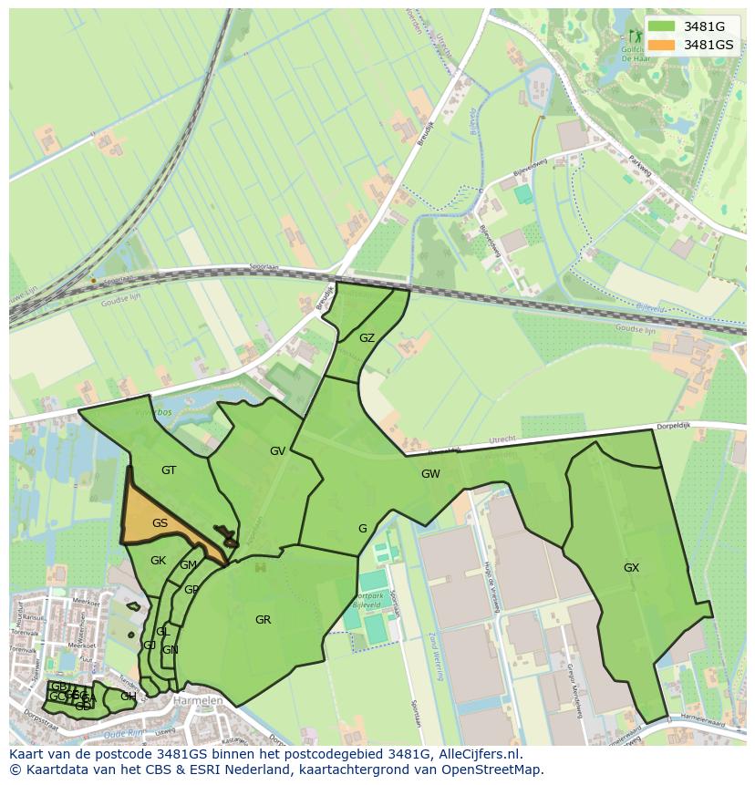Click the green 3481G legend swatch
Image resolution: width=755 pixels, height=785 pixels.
point(662,26)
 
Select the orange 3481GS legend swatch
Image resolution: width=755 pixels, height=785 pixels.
point(662,45)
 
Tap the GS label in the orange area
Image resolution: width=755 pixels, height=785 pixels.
point(160,523)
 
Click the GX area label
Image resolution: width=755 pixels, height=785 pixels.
point(631,567)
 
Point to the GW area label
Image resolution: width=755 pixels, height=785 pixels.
point(430,474)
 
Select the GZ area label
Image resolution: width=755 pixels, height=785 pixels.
point(367,337)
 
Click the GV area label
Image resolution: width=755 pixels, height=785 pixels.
point(277,450)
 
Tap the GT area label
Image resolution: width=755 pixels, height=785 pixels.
point(168,470)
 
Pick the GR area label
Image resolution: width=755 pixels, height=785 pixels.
point(263,620)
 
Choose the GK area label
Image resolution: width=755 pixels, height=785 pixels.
point(158,561)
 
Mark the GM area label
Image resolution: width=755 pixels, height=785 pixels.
point(188,565)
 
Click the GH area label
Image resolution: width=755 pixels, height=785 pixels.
point(128,697)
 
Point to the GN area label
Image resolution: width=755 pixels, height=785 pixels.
point(170,650)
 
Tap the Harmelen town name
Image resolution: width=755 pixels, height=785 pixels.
point(198,701)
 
